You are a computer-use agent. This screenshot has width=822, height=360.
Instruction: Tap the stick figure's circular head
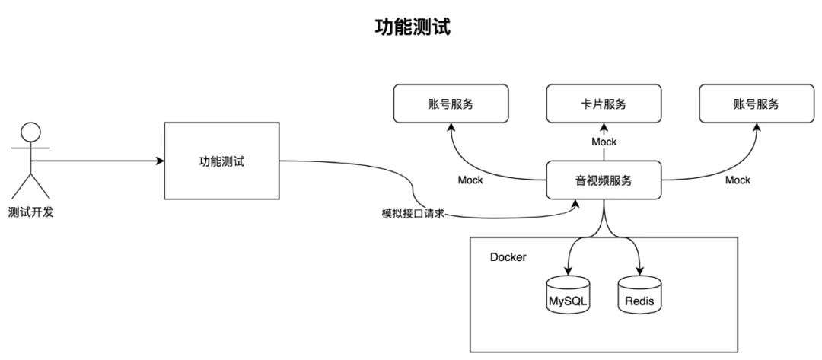click(30, 131)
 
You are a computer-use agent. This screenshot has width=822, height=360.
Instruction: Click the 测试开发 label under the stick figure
click(30, 212)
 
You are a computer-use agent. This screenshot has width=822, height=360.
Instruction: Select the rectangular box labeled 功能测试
click(222, 161)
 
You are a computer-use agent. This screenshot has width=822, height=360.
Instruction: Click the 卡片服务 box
click(603, 104)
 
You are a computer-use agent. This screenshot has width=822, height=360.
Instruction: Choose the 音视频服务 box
click(603, 180)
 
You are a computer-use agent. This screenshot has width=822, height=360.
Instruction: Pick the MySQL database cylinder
click(569, 295)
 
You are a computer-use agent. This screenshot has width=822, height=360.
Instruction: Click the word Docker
click(508, 256)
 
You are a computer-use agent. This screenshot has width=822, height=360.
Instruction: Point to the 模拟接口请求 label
click(412, 214)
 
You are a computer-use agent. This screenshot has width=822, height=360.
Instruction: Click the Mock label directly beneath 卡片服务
click(604, 142)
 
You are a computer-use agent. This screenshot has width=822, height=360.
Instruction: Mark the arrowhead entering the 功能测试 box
click(161, 161)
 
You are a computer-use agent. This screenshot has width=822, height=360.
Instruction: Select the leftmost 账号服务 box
click(449, 104)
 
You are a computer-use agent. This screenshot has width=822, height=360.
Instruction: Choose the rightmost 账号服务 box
click(756, 104)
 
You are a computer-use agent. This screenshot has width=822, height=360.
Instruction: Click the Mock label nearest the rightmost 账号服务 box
click(737, 180)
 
